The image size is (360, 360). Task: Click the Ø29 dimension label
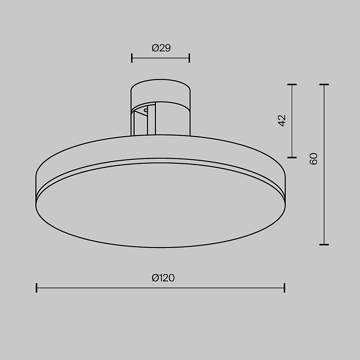(x=161, y=48)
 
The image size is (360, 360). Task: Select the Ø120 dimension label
(x=163, y=278)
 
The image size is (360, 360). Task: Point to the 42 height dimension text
(x=282, y=121)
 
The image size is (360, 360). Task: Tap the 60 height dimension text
(x=314, y=159)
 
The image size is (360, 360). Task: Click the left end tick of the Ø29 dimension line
(x=132, y=58)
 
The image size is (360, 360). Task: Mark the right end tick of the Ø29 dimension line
(x=189, y=58)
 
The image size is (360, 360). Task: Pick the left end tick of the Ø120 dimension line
(x=37, y=288)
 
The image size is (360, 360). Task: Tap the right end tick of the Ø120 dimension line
(x=284, y=288)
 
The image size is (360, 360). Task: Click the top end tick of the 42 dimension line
(x=292, y=85)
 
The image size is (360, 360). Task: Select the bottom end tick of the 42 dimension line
(x=292, y=157)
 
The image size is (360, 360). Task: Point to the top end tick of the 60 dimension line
(x=324, y=85)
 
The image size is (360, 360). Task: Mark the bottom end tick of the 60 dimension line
(x=324, y=244)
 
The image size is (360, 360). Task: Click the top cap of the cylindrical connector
(x=161, y=88)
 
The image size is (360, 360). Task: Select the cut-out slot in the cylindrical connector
(x=144, y=121)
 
